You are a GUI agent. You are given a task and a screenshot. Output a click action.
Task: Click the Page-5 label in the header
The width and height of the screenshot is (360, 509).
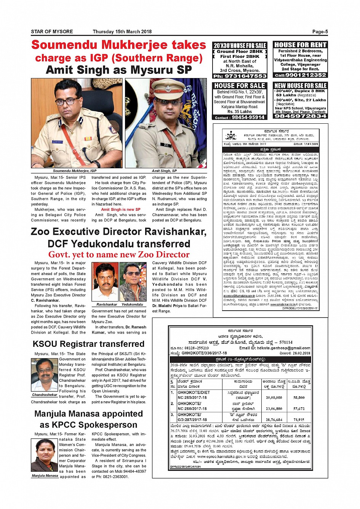320,32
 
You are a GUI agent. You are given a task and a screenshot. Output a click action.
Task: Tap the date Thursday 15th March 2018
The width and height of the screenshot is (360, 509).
122,32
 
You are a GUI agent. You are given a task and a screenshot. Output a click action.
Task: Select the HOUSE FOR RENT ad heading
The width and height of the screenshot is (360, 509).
301,45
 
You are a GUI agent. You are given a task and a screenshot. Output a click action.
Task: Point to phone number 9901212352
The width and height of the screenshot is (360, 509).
301,75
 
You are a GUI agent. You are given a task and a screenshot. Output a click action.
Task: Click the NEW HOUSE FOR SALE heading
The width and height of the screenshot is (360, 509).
301,86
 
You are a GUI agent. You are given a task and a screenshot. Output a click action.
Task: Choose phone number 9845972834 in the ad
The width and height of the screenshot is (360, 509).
301,116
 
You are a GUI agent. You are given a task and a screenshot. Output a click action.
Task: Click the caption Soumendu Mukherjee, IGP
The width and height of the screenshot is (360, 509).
75,171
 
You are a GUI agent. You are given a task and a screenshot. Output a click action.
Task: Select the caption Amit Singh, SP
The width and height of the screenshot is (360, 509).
164,171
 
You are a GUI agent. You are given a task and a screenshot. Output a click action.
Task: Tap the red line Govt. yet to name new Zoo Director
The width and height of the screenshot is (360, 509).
119,255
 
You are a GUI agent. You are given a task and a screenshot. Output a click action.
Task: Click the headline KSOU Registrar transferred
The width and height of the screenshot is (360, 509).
88,344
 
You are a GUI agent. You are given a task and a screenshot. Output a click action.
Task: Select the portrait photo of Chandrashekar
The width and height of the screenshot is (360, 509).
44,375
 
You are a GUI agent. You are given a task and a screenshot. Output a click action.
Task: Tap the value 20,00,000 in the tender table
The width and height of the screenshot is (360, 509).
274,397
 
